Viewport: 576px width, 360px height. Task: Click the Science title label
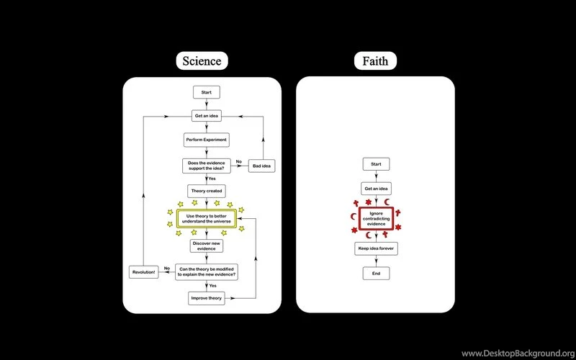click(202, 60)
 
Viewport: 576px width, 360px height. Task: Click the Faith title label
click(375, 60)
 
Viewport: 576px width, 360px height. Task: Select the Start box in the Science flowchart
click(207, 92)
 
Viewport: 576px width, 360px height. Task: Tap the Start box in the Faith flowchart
click(376, 164)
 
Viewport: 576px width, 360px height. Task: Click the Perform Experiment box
click(207, 139)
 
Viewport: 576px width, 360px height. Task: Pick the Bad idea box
click(262, 166)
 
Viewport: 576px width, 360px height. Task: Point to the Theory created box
click(207, 191)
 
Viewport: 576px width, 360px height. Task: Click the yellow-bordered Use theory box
click(207, 218)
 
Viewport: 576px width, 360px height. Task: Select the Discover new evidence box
click(207, 246)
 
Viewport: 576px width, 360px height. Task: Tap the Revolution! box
click(144, 272)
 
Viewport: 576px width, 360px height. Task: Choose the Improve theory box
click(207, 298)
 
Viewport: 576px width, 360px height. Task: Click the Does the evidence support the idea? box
click(207, 166)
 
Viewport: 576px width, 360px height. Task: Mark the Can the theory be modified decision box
click(207, 272)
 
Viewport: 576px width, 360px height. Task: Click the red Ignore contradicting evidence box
click(376, 218)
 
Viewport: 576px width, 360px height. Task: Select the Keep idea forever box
click(376, 248)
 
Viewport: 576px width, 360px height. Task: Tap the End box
click(376, 274)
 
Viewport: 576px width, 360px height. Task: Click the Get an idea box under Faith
click(376, 189)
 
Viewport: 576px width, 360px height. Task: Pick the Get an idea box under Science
click(207, 116)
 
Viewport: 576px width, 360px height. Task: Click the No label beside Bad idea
click(239, 161)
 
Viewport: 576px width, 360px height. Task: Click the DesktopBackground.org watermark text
click(517, 353)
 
